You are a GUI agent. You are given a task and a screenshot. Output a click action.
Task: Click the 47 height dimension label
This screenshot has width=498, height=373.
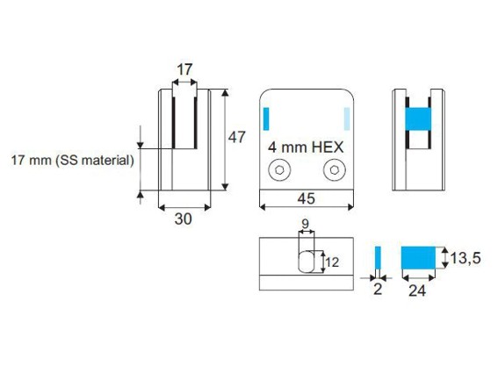(x=237, y=137)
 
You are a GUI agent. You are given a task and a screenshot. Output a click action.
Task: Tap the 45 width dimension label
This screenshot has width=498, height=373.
(x=307, y=198)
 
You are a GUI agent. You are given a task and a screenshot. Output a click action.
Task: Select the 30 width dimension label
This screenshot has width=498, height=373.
(x=183, y=219)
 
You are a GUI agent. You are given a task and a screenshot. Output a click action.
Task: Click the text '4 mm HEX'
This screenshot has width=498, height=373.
(x=306, y=147)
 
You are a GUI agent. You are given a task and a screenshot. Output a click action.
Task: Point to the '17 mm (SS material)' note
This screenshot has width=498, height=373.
(x=72, y=160)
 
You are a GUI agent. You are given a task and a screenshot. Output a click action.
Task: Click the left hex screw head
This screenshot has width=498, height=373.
(x=279, y=170)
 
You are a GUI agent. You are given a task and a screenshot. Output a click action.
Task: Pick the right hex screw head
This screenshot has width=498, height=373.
(x=335, y=170)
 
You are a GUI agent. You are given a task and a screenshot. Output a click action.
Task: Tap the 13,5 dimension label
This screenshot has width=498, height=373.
(x=466, y=258)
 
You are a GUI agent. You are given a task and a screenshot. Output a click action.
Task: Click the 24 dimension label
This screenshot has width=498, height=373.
(x=417, y=291)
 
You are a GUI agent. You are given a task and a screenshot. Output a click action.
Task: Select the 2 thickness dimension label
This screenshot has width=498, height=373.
(x=378, y=290)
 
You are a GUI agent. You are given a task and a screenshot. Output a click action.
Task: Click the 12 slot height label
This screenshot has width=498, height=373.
(x=332, y=262)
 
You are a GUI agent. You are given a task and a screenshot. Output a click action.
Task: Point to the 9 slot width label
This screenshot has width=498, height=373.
(x=306, y=224)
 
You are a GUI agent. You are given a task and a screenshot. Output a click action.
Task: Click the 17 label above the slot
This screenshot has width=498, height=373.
(x=184, y=69)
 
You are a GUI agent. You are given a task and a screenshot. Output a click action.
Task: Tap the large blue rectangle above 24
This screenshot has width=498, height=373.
(x=418, y=257)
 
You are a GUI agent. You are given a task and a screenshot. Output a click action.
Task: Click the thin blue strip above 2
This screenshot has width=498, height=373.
(x=378, y=257)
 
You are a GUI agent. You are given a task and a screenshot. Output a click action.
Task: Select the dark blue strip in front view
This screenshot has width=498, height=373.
(x=266, y=118)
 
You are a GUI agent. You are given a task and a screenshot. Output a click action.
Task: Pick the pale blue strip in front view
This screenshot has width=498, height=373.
(x=347, y=118)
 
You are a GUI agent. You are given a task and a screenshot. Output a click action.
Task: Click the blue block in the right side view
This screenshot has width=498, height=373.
(x=418, y=119)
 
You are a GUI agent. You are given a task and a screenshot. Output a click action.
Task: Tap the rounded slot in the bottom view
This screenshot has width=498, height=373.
(x=307, y=262)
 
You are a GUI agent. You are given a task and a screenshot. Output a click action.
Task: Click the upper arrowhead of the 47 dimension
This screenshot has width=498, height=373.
(x=225, y=92)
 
